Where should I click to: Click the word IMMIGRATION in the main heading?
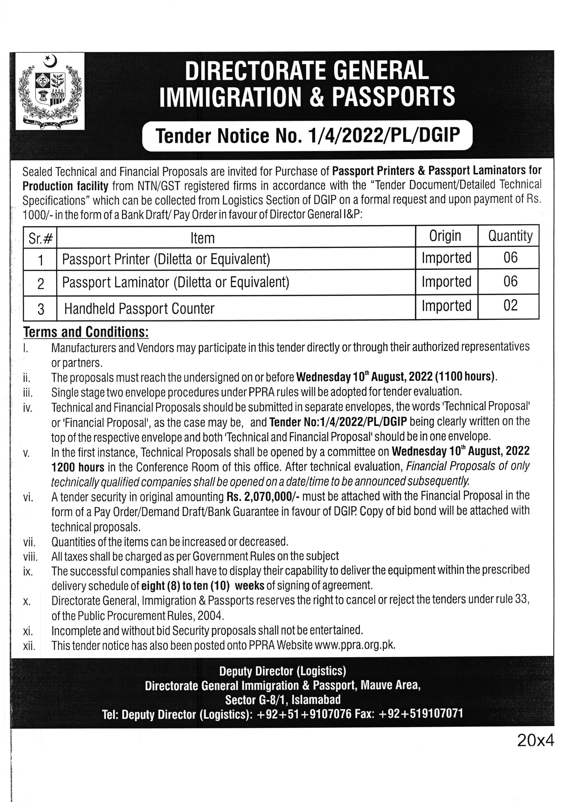click(x=230, y=97)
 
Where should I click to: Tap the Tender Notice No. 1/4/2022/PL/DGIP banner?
click(x=308, y=136)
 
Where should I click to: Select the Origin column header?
click(x=445, y=236)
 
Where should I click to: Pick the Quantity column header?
click(x=510, y=236)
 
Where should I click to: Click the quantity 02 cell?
click(x=510, y=306)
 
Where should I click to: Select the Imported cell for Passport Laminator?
click(x=446, y=282)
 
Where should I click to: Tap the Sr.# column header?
click(x=40, y=239)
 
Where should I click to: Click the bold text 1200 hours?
click(x=78, y=467)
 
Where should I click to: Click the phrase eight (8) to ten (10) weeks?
click(x=203, y=585)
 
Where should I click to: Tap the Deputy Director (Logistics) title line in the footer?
click(x=283, y=671)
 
